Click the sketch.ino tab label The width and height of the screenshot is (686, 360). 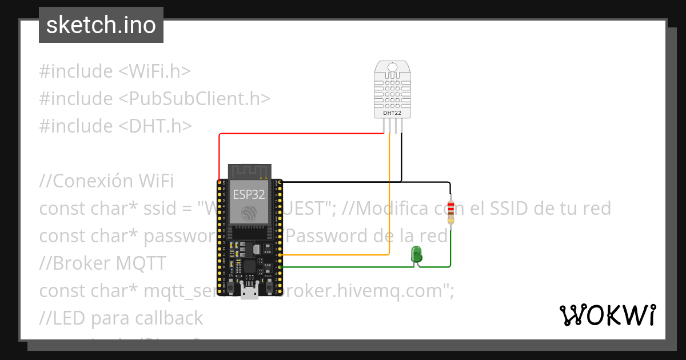coord(101,25)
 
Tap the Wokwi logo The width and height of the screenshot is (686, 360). coord(607,315)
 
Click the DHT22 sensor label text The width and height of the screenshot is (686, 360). coord(392,114)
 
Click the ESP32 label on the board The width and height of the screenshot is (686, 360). coord(249,194)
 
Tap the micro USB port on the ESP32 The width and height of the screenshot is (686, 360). coord(249,293)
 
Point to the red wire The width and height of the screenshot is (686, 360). coord(297,134)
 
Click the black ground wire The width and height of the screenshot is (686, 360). coord(366,182)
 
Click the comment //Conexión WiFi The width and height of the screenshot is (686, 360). coord(106,181)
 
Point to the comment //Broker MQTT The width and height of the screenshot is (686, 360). coord(103,263)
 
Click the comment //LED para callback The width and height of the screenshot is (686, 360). coord(121,318)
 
